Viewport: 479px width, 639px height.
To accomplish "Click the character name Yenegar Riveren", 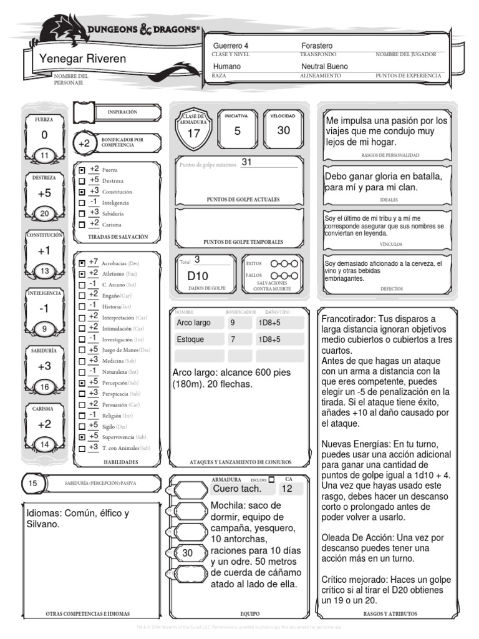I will click(82, 59).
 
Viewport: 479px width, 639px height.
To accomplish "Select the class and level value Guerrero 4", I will click(231, 46).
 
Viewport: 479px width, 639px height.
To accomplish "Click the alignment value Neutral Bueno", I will click(324, 66).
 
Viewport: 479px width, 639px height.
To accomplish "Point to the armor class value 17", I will click(193, 134).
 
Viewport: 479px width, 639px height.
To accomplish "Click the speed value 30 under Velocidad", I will click(284, 130).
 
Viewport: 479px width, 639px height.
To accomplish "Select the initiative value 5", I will click(237, 130).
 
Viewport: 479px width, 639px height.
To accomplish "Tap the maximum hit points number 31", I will click(246, 162).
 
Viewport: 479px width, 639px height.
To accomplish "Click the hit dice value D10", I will click(198, 276).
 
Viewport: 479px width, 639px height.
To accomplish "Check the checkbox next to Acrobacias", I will click(82, 263).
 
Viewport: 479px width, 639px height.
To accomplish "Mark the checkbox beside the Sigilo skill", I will click(82, 426).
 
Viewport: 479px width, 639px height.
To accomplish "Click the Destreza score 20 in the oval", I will click(44, 214).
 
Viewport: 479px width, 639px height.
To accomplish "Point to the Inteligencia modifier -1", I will click(44, 308).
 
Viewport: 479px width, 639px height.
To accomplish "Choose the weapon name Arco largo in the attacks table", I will click(194, 323).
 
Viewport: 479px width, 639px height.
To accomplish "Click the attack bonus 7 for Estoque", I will click(233, 339).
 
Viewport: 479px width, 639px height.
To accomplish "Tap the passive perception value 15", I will click(34, 483).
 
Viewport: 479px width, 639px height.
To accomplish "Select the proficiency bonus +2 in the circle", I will click(85, 143).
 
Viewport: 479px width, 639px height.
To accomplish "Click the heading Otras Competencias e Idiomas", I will click(88, 613).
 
